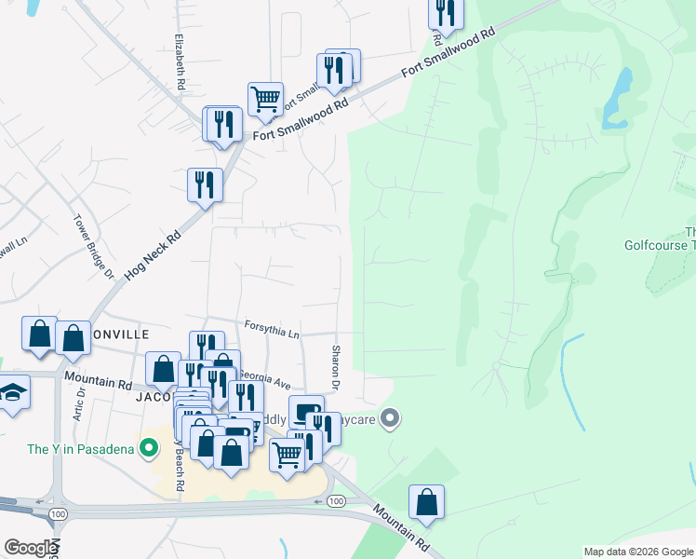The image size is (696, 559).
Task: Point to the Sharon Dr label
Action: tap(336, 367)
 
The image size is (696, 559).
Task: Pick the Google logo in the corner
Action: tap(30, 548)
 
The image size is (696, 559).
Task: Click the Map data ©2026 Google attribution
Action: tap(638, 552)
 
